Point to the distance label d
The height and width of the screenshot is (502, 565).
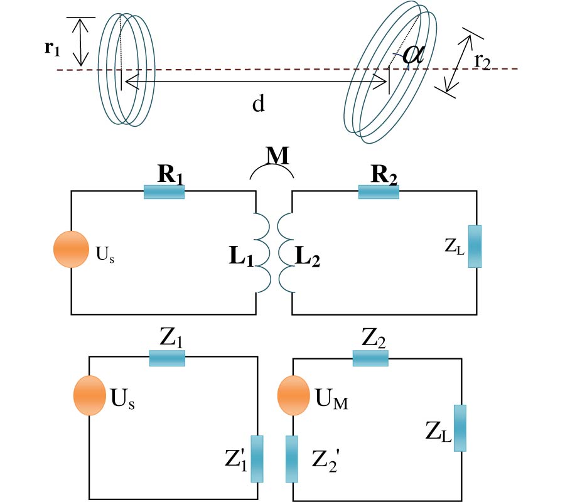tap(257, 104)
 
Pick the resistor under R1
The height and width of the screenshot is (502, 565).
tap(164, 191)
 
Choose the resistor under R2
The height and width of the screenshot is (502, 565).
tap(379, 191)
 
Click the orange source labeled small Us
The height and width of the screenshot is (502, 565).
tap(70, 249)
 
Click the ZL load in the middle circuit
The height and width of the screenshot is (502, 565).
tap(475, 246)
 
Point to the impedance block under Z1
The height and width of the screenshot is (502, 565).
tap(167, 358)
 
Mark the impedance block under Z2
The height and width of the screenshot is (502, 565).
tap(370, 358)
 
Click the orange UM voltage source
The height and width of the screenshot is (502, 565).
tap(294, 395)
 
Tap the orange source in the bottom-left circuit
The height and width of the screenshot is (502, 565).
tap(89, 395)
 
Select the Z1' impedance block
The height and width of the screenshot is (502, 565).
tap(257, 459)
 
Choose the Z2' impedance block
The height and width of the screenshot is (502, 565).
tap(292, 459)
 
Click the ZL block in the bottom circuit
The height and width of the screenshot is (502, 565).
tap(460, 428)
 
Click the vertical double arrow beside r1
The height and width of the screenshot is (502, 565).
tap(80, 42)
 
